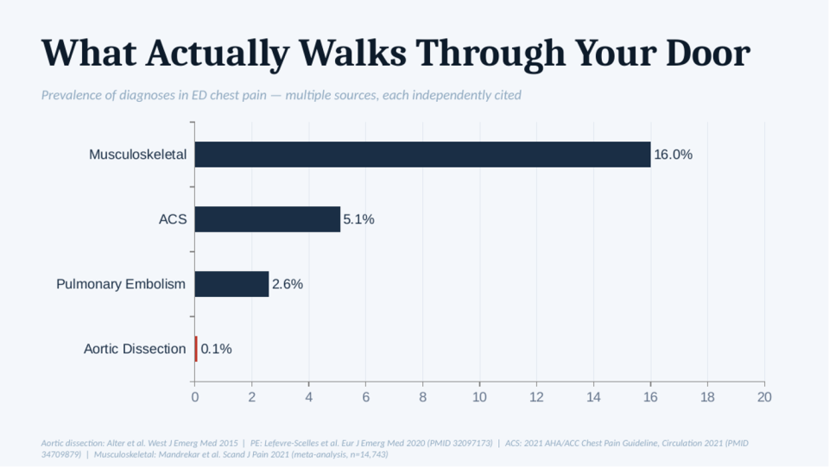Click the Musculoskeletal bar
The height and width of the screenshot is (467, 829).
click(x=422, y=155)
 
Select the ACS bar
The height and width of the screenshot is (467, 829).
click(x=268, y=219)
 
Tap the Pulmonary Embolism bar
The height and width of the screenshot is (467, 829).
click(x=231, y=284)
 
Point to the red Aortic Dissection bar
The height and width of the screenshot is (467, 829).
click(x=196, y=349)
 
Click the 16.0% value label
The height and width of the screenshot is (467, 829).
click(x=673, y=155)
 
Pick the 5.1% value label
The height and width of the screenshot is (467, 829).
click(x=358, y=219)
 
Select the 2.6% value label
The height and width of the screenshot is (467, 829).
click(x=287, y=284)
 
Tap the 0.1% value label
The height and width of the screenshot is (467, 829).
click(x=216, y=349)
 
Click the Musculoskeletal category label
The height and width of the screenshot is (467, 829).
click(x=137, y=155)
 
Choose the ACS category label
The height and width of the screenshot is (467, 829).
click(x=173, y=219)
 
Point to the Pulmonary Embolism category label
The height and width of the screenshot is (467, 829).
click(x=121, y=284)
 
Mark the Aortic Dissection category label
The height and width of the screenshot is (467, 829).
click(x=135, y=349)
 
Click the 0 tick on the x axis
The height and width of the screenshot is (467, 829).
click(x=194, y=397)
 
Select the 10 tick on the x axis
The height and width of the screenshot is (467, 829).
click(x=479, y=397)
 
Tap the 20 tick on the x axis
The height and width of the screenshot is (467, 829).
click(x=764, y=397)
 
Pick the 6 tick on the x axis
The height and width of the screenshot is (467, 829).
click(x=366, y=397)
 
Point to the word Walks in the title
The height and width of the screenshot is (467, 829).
click(x=352, y=53)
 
